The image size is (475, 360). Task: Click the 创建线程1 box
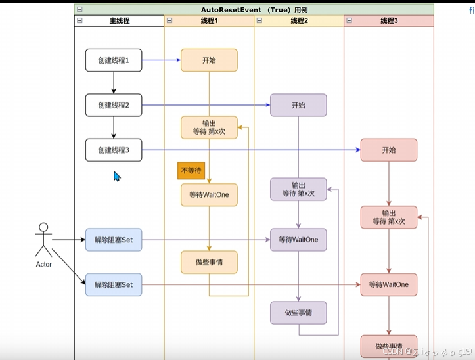114,60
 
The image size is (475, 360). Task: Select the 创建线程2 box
114,105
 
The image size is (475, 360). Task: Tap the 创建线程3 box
114,150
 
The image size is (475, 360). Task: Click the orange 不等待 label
191,170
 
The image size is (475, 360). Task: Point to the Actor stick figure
43,240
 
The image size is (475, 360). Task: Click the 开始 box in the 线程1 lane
209,60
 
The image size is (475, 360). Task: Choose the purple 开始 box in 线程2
298,105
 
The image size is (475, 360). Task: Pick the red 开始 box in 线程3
388,150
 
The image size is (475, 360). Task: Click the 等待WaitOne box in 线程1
209,194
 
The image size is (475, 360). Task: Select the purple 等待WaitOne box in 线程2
298,240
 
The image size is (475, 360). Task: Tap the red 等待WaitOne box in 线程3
388,284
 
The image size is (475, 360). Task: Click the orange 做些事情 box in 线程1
209,262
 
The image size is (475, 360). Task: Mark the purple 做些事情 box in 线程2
298,313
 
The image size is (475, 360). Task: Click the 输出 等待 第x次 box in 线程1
209,127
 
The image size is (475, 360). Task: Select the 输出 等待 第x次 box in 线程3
388,217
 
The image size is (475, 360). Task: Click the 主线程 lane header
119,21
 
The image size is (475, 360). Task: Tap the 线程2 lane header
299,21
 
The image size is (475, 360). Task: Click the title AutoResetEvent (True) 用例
254,10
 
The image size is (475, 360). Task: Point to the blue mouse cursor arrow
116,175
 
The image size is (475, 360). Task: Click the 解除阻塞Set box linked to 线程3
114,284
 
